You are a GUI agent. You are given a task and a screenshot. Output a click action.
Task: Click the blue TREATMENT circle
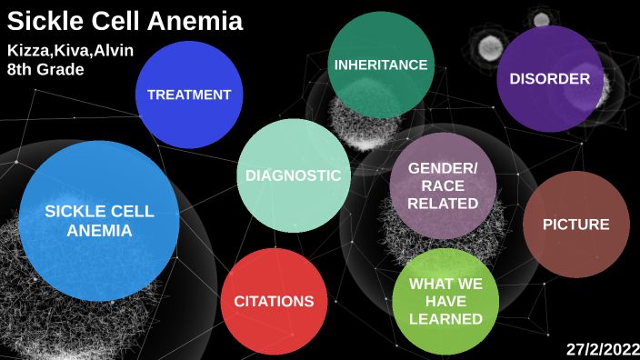[x=189, y=95]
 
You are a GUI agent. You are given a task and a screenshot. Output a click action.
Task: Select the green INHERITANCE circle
[x=381, y=65]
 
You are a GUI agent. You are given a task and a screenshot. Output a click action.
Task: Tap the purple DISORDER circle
[x=550, y=79]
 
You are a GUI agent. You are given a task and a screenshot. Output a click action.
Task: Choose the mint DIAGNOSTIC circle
[x=294, y=175]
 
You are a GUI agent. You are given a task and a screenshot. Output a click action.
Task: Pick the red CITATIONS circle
[x=275, y=301]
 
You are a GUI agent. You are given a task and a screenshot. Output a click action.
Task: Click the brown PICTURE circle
[x=576, y=225]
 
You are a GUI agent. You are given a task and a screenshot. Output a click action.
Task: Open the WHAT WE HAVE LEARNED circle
[x=445, y=301]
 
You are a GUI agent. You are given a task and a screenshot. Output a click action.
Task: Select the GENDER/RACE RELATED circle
[x=443, y=186]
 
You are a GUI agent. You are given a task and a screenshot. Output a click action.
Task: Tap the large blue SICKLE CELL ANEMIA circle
[x=99, y=221]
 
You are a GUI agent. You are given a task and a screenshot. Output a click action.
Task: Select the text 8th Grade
[x=45, y=69]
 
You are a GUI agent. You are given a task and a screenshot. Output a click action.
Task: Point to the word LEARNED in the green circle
[x=445, y=319]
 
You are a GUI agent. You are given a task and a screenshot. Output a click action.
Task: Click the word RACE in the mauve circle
[x=443, y=186]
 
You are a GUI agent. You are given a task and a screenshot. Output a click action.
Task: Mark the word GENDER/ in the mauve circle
[x=443, y=169]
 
